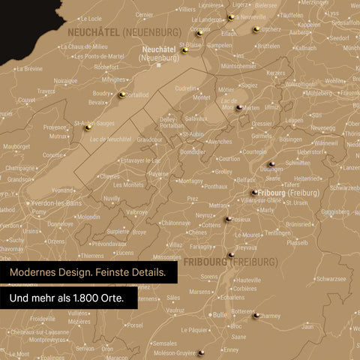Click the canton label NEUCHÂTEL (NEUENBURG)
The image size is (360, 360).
click(x=124, y=32)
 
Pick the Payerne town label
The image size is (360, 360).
click(x=158, y=174)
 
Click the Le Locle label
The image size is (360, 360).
click(x=90, y=19)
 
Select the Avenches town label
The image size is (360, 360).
click(x=220, y=141)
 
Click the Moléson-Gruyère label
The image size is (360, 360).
click(x=174, y=352)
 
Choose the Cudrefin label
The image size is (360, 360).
click(x=187, y=88)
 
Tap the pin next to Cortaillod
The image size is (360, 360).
click(x=121, y=94)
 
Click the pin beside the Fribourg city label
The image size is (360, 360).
click(x=255, y=192)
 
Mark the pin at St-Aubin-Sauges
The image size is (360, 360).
click(x=88, y=127)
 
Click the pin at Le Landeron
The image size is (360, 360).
click(x=231, y=16)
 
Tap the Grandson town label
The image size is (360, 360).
click(x=20, y=179)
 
